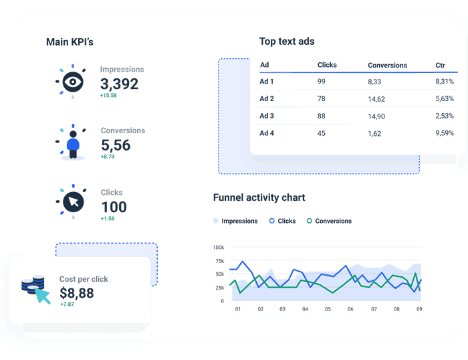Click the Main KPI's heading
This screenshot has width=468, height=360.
tap(70, 42)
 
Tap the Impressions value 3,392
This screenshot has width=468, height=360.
tap(119, 84)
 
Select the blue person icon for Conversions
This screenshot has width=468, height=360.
tap(72, 143)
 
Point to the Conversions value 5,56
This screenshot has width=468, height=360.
tap(116, 145)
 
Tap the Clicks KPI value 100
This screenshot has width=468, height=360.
tap(114, 207)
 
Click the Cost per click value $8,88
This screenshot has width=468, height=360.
tap(77, 293)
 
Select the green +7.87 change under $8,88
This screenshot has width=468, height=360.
tap(68, 304)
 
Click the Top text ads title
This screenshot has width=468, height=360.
tap(287, 41)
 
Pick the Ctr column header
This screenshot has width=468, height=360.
tap(440, 66)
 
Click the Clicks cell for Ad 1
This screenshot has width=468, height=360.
tap(322, 82)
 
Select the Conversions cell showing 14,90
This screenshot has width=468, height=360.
tap(376, 116)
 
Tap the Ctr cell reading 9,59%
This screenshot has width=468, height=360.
tap(444, 133)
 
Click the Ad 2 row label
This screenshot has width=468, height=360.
tap(267, 99)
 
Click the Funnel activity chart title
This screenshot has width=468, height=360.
tap(259, 197)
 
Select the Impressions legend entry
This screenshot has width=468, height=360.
tap(235, 221)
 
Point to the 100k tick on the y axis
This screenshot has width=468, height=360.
tap(219, 247)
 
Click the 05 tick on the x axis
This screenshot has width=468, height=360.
tap(328, 310)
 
